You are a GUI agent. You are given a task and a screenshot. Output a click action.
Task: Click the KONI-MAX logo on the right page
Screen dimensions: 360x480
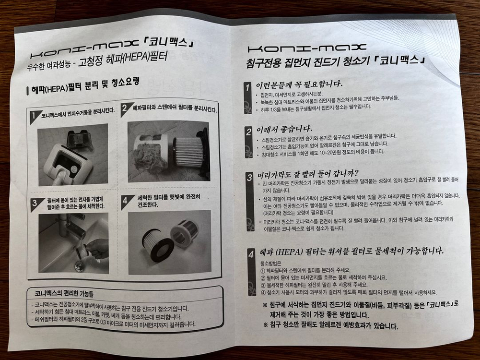[307, 48]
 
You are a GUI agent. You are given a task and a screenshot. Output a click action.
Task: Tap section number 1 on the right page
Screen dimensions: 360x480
[247, 88]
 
